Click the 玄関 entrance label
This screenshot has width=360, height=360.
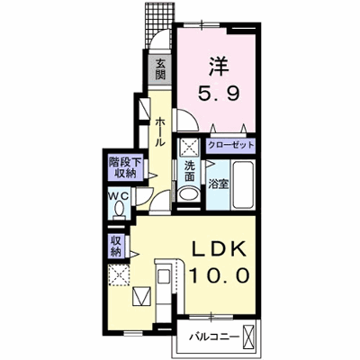click(x=160, y=69)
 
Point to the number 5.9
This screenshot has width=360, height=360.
click(x=219, y=93)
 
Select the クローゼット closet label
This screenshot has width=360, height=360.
click(x=231, y=146)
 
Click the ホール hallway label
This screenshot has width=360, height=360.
click(x=160, y=132)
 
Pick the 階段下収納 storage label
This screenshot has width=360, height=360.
click(x=125, y=167)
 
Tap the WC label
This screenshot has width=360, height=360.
click(x=119, y=196)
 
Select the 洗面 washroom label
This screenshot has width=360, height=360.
click(x=189, y=171)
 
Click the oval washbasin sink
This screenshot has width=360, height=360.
click(x=188, y=193)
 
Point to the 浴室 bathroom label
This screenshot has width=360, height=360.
click(x=219, y=184)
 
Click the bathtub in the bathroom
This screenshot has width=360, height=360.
click(x=243, y=184)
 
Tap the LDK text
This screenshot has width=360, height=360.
click(x=220, y=248)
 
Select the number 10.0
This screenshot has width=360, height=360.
click(x=220, y=275)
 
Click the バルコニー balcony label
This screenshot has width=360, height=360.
click(x=214, y=337)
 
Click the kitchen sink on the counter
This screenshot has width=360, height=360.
click(x=164, y=277)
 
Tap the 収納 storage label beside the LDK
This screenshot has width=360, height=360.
click(x=116, y=246)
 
